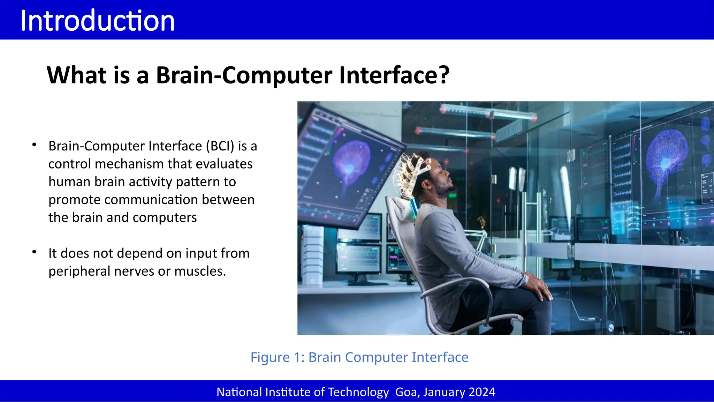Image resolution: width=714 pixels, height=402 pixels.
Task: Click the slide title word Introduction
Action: tap(98, 21)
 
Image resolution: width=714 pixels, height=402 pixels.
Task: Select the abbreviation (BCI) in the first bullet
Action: tap(220, 146)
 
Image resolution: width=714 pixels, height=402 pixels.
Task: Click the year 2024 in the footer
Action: tap(482, 392)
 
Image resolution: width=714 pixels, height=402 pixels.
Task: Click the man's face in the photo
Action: tap(443, 178)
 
